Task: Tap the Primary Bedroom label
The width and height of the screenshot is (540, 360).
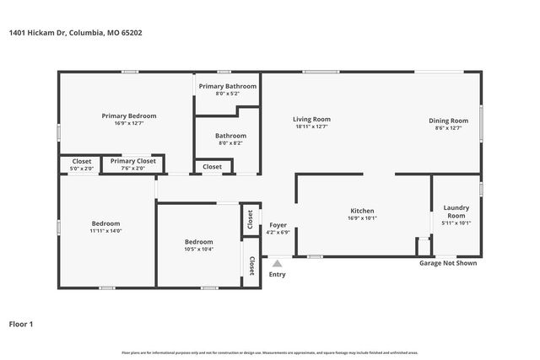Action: (x=129, y=116)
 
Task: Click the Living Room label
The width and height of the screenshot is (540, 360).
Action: (x=311, y=119)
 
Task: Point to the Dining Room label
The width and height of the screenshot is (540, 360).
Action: (x=448, y=121)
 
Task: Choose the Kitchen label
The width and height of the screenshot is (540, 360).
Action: (x=362, y=211)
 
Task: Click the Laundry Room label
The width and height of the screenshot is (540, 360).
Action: (x=456, y=211)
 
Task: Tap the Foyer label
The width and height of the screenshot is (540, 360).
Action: (x=278, y=225)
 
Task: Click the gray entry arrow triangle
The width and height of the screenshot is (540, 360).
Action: (x=276, y=264)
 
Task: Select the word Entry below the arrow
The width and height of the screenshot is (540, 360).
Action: (x=277, y=274)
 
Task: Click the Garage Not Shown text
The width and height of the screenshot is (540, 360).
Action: (x=448, y=263)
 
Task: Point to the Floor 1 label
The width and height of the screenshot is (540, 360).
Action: (x=21, y=323)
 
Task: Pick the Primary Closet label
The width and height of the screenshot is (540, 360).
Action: (x=133, y=161)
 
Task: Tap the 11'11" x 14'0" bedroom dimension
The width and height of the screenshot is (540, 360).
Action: (x=106, y=230)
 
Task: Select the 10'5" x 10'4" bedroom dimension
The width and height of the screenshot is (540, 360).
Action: (x=199, y=249)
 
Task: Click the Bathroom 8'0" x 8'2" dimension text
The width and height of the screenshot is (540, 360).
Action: (x=230, y=143)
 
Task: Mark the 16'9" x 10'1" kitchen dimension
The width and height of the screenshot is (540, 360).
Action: (x=362, y=218)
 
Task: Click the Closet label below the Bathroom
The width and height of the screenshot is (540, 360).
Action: (x=213, y=167)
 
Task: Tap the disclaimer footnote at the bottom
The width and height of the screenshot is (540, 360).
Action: (x=269, y=352)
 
